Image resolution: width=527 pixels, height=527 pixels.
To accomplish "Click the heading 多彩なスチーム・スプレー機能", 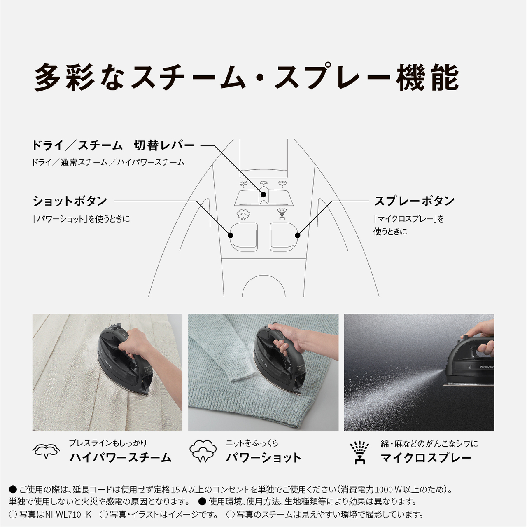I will [246, 77].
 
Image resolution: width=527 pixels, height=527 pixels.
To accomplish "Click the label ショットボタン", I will [70, 201].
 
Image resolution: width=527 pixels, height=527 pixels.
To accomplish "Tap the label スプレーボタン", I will [414, 201].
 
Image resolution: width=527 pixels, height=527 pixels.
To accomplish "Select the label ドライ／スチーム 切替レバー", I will [113, 145].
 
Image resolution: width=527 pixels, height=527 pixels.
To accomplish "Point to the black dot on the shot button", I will [231, 235].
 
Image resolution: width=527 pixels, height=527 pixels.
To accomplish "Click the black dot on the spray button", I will [298, 235].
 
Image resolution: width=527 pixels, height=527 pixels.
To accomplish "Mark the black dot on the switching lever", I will [263, 194].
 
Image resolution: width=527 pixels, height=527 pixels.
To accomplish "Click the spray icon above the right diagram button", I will [282, 214].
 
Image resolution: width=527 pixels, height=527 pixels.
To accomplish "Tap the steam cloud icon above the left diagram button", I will [243, 214].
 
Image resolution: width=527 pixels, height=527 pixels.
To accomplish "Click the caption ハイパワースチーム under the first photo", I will [120, 457].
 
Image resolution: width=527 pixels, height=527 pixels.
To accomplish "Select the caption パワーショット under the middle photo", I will [263, 457].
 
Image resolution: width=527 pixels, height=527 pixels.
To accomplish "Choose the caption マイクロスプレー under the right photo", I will [426, 458].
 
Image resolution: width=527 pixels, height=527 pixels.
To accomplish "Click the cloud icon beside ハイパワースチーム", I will [46, 451].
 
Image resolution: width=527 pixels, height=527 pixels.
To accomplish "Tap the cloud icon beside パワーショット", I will [203, 451].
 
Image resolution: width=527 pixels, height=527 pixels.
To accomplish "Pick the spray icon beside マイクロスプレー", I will [359, 452].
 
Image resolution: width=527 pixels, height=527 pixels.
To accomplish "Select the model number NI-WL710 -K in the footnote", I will [68, 514].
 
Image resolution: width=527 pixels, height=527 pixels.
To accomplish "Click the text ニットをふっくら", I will [252, 443].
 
